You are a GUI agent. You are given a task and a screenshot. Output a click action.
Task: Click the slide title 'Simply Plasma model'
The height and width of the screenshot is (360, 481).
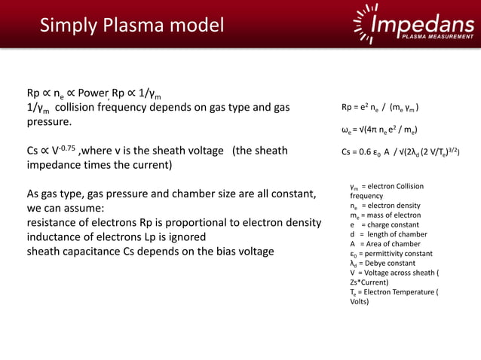(x=132, y=26)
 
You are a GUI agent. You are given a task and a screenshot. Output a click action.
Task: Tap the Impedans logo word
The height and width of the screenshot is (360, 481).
(x=423, y=23)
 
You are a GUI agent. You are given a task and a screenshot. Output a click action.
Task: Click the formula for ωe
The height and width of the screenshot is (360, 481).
(x=380, y=130)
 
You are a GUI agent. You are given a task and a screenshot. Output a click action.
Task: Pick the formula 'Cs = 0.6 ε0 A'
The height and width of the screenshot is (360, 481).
(x=400, y=151)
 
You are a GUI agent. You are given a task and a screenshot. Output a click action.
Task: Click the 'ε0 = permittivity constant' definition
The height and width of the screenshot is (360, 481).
(x=390, y=254)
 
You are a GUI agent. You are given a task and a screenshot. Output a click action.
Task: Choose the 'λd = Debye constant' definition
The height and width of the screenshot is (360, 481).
(x=382, y=264)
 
